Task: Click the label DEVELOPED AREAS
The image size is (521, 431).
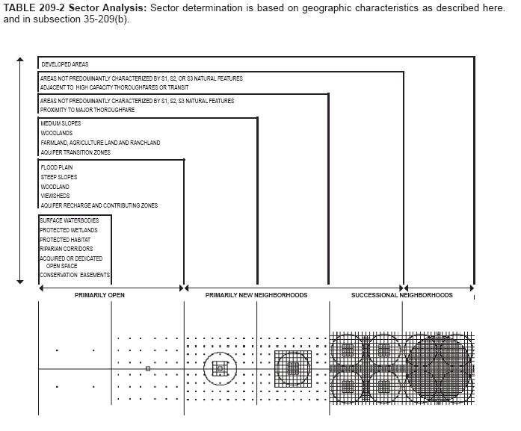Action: pos(65,65)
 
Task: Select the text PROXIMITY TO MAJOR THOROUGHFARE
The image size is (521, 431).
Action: pos(87,110)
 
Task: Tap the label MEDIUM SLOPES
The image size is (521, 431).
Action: pos(61,123)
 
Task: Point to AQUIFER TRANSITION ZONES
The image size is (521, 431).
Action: pos(75,152)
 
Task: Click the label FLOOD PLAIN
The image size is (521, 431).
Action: pos(57,167)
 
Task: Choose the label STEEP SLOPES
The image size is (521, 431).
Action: pos(59,177)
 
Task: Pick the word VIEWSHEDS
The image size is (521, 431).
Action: pos(55,196)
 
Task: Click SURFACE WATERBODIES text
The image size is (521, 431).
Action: pos(69,221)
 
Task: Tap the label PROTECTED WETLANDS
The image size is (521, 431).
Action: pos(69,231)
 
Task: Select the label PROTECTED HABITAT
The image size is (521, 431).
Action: pos(65,240)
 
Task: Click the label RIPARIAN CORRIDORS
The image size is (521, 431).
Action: pos(67,249)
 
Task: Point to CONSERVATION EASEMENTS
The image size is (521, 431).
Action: pos(75,275)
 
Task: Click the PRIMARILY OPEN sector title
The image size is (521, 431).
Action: pos(99,296)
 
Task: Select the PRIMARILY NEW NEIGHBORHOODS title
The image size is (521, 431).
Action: pos(256,296)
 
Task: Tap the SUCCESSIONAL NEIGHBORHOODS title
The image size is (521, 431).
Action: pos(402,296)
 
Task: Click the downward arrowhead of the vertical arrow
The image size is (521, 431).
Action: pos(20,282)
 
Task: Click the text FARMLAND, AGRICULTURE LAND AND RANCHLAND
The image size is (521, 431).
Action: pos(100,143)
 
